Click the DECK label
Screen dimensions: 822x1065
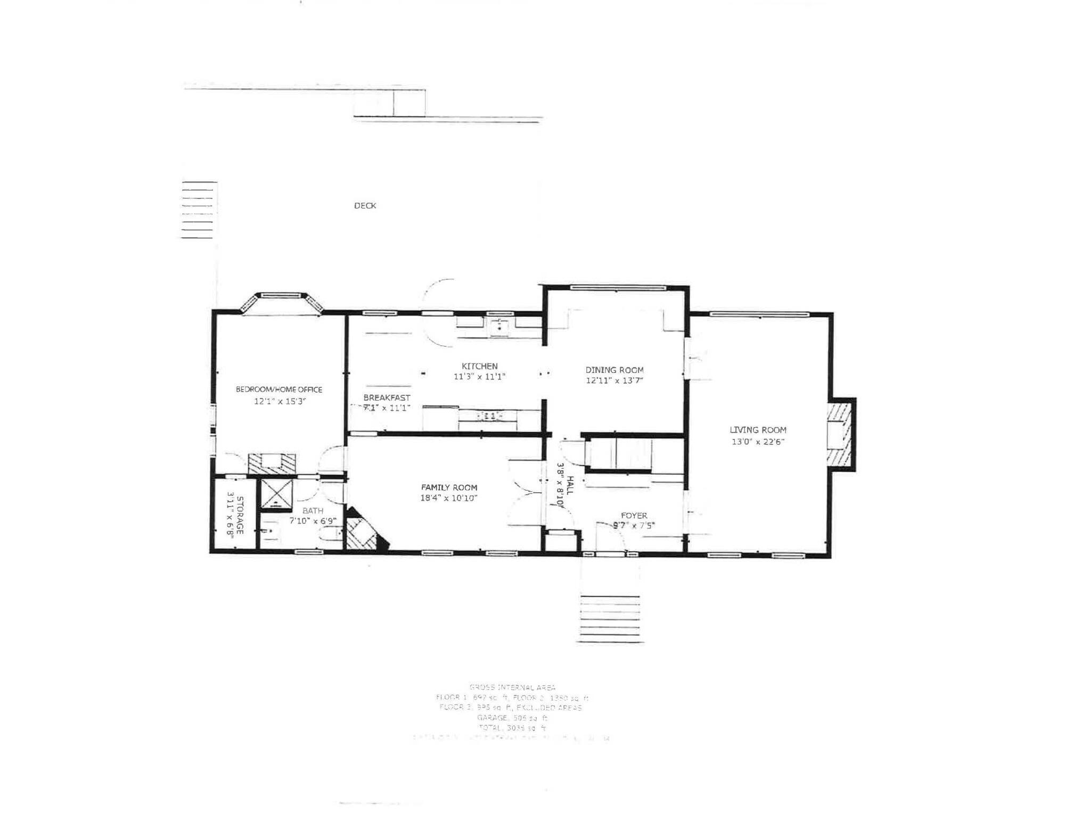point(365,205)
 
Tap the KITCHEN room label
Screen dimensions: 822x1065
point(479,366)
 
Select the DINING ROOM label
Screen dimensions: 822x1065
point(615,370)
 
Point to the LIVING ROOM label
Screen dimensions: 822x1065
point(758,430)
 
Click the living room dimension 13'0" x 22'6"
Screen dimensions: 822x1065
point(758,442)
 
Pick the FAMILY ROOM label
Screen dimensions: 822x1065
point(449,487)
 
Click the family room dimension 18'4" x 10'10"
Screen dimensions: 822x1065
point(449,499)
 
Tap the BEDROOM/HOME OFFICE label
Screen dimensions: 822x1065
point(279,389)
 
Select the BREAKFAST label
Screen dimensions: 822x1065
point(387,397)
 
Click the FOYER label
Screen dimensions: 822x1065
point(634,516)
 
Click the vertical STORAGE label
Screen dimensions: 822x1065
point(240,515)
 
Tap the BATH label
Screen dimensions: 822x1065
point(313,511)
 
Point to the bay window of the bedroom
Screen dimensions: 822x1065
point(281,303)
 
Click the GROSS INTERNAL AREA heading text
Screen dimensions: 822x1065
point(512,687)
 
